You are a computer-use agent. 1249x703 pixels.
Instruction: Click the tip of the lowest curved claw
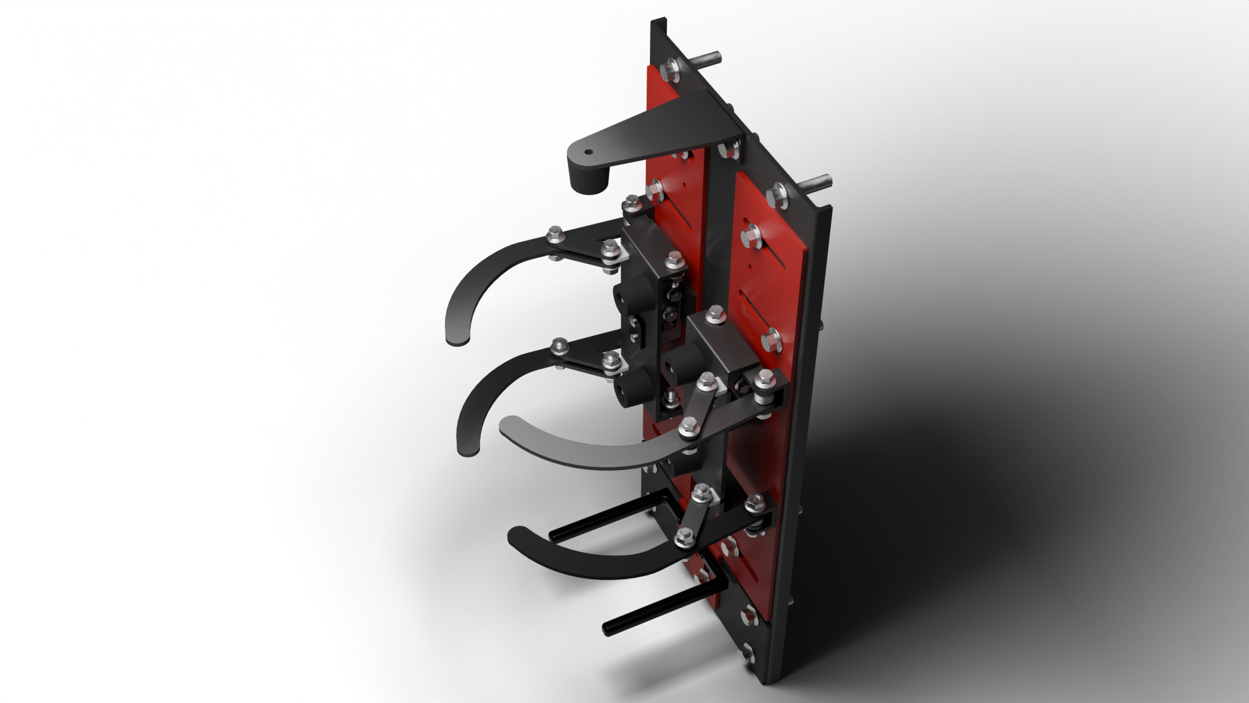coord(518,536)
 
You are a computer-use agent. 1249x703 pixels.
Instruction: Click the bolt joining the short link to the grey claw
coord(688,429)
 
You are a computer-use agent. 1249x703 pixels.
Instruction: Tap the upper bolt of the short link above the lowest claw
coord(701,492)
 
